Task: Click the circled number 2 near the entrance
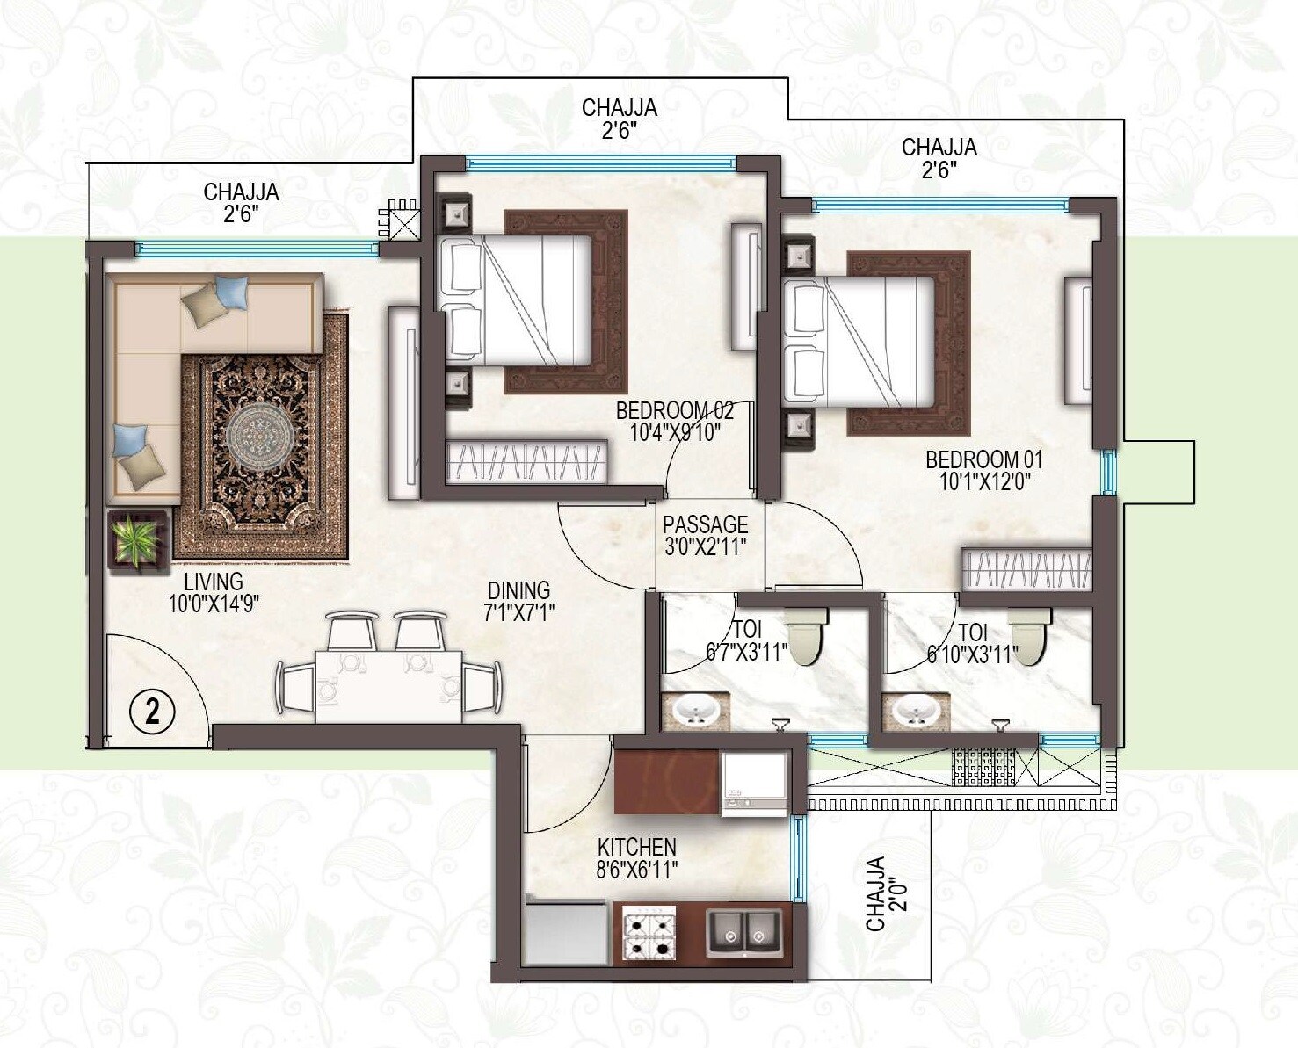coord(152,711)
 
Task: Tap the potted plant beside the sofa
coord(136,539)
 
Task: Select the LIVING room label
coord(214,592)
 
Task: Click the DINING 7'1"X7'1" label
coord(518,602)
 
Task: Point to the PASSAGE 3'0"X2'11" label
coord(705,535)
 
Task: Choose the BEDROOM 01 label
coord(983,470)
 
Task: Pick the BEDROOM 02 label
coord(674,421)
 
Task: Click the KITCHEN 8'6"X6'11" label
coord(636,858)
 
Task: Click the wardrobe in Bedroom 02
coord(526,462)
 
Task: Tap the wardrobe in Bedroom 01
coord(1026,569)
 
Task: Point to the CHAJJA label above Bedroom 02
coord(619,119)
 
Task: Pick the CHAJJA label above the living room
coord(241,202)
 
